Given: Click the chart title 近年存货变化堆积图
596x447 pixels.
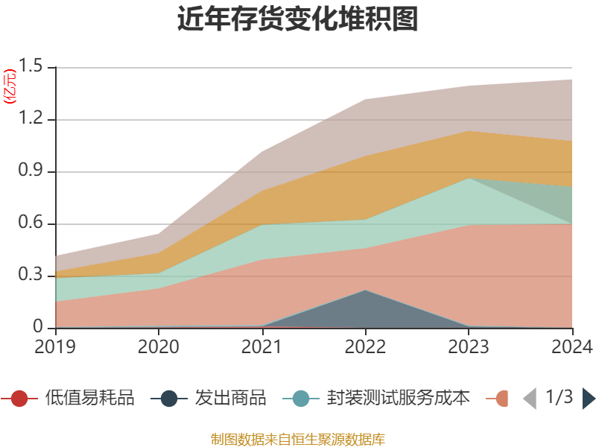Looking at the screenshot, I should [298, 19].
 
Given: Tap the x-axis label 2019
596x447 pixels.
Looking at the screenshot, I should [55, 346].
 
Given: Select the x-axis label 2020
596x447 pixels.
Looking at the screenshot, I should [159, 346].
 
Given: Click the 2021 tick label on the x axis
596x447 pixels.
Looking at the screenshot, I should [262, 346].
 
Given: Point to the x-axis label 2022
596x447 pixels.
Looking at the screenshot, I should [365, 346].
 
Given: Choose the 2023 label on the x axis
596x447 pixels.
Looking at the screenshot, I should [469, 346].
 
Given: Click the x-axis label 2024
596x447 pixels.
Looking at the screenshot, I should [571, 346].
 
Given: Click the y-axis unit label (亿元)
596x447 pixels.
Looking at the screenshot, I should [10, 88].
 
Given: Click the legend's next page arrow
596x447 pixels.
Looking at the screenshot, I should [588, 399].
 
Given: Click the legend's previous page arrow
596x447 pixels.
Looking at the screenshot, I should [529, 399].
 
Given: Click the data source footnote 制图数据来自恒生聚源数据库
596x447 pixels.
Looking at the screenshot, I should [298, 439].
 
